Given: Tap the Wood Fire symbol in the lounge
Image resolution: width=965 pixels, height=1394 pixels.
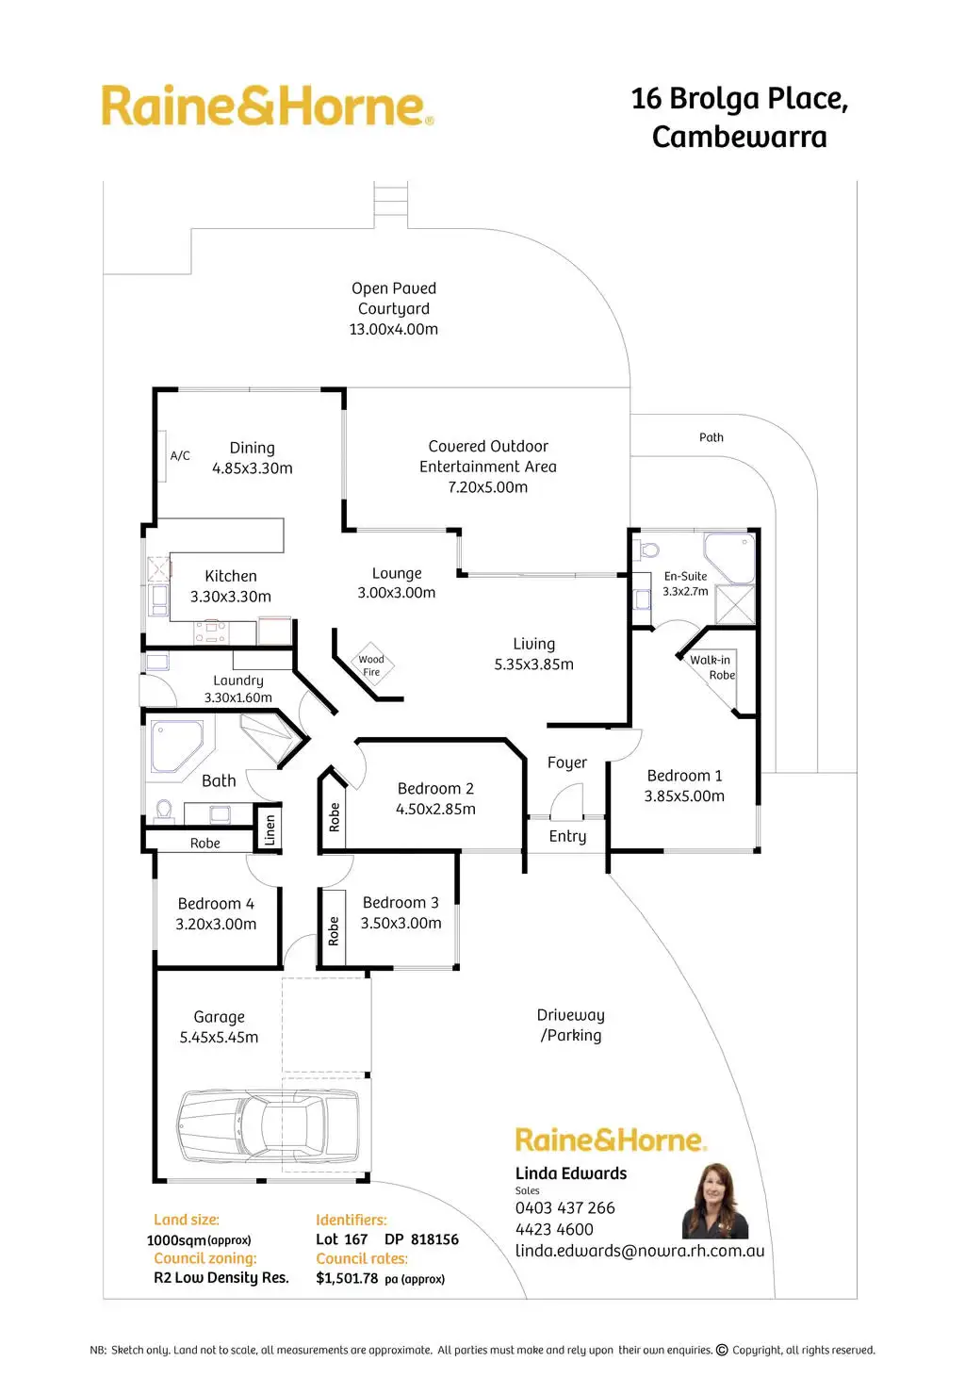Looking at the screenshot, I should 371,665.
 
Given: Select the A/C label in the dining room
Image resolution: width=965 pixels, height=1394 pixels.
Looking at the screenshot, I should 180,455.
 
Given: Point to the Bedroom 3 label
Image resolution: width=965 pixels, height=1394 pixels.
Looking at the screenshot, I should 401,903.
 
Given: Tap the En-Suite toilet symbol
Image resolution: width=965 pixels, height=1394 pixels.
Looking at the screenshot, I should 649,549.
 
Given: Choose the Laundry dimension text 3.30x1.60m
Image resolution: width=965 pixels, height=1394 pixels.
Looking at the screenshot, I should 238,697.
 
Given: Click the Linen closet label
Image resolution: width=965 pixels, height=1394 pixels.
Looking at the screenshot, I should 270,830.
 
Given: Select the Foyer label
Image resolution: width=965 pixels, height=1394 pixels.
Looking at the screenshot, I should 567,763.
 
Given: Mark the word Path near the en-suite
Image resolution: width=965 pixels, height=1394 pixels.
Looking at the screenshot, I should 711,437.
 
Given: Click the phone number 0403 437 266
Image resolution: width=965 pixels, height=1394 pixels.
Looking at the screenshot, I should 564,1208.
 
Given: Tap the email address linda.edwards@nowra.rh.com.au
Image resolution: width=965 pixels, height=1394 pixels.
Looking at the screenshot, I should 640,1251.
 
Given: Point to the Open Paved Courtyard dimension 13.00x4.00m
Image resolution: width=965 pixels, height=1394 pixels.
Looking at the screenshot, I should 394,329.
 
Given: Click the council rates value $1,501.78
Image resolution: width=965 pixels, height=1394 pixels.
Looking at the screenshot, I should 347,1279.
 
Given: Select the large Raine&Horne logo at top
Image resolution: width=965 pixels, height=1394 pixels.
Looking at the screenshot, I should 268,107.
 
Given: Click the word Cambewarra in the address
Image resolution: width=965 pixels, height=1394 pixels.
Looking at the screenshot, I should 740,138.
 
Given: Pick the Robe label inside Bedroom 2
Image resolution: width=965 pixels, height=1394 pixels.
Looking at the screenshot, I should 335,816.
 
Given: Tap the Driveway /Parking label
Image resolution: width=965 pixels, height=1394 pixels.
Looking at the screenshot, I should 571,1025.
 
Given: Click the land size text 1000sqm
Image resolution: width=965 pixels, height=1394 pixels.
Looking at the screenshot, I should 176,1240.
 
